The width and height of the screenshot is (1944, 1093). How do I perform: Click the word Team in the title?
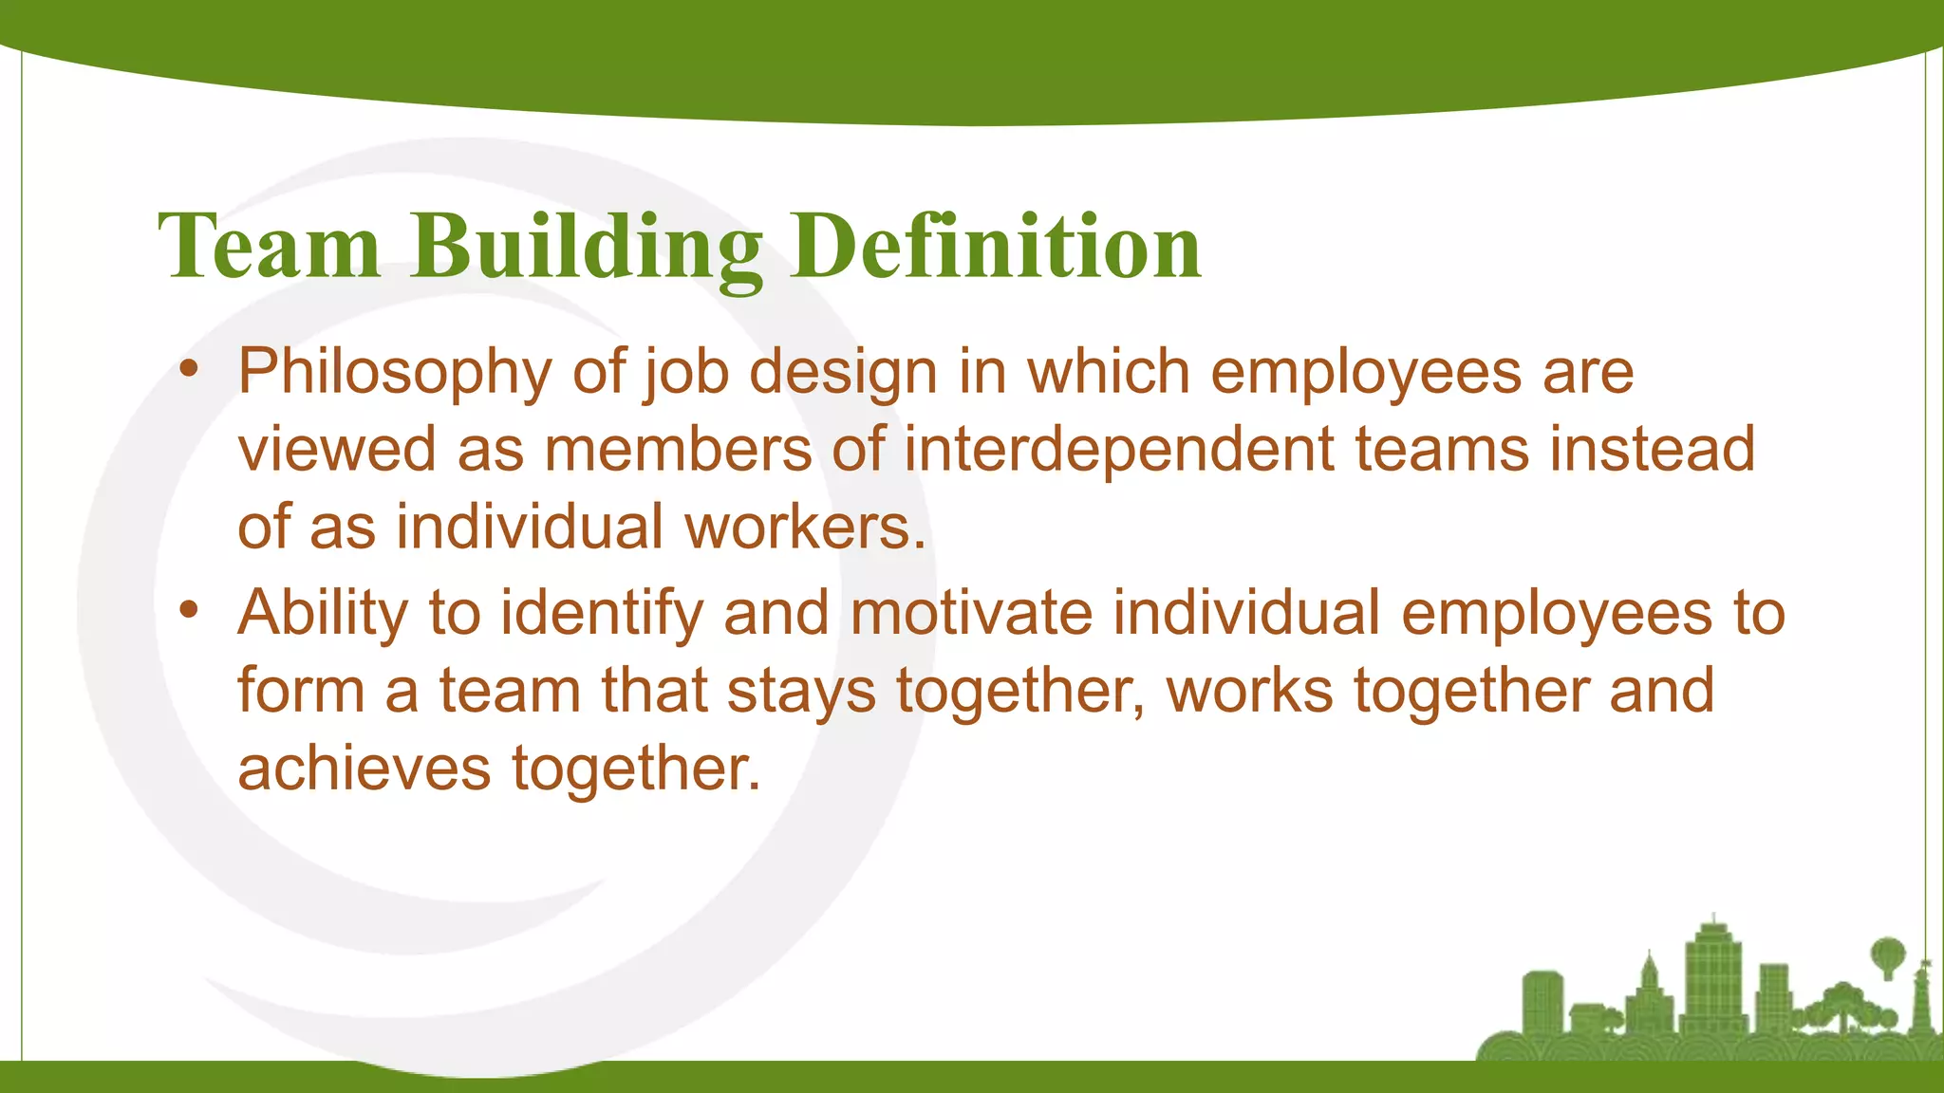click(x=270, y=247)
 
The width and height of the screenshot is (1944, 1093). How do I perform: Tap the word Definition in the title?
click(x=997, y=247)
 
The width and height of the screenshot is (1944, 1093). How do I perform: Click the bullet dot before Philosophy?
click(x=190, y=371)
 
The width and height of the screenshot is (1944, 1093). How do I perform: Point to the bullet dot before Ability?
click(x=190, y=612)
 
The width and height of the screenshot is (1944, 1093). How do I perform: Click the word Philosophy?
click(x=394, y=372)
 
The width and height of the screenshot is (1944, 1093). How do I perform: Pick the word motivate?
click(x=971, y=613)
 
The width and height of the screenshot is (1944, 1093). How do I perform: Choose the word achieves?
click(x=364, y=768)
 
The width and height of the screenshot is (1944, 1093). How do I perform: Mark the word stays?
click(x=801, y=692)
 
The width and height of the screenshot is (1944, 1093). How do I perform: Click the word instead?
click(x=1652, y=449)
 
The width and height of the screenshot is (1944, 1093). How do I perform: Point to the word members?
click(x=678, y=449)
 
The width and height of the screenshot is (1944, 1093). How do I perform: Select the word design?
click(x=843, y=373)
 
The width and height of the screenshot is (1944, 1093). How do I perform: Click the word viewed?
click(x=337, y=449)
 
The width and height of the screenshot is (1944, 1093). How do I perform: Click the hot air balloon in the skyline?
click(x=1887, y=954)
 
